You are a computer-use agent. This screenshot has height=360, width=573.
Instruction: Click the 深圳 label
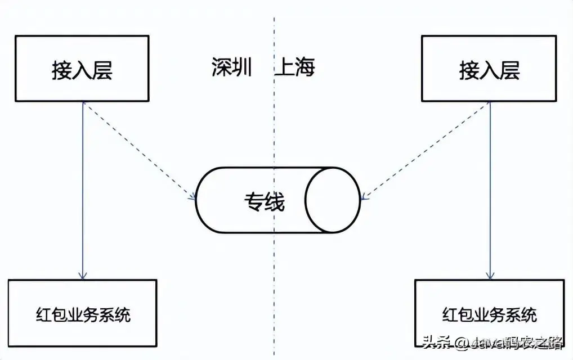(231, 67)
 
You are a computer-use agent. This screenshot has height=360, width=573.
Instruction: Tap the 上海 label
(295, 67)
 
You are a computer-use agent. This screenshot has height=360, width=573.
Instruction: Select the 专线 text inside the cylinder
(264, 201)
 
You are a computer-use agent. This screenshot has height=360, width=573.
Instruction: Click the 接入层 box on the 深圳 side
(82, 68)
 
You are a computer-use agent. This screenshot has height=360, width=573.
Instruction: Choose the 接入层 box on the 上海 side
(489, 68)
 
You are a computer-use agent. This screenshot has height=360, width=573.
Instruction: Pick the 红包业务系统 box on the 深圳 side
(82, 313)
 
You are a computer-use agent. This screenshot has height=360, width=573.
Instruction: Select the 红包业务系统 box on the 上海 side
(489, 313)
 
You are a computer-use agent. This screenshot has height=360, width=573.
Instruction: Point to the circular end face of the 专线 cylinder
(335, 200)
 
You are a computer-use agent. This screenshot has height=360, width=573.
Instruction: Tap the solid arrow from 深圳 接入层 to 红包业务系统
(83, 191)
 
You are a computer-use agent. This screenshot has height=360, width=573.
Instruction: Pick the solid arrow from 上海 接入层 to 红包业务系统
(490, 191)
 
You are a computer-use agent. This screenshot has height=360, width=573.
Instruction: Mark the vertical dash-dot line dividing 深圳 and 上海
(275, 141)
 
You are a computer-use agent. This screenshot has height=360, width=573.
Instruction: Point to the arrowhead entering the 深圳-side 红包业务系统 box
(83, 276)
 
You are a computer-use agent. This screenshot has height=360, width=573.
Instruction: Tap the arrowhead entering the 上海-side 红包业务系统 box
(490, 276)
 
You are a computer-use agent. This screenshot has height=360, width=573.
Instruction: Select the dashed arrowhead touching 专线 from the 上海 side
(365, 197)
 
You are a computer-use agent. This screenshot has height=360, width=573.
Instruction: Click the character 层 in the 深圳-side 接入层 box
(102, 70)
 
